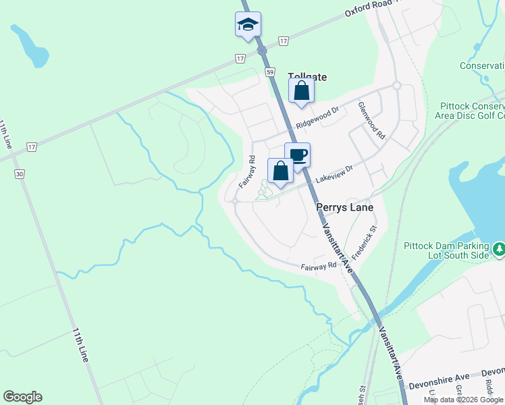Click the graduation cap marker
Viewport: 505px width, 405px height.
pos(248,25)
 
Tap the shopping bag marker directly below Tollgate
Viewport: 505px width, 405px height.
pos(302,91)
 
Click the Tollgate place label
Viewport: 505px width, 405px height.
pos(307,77)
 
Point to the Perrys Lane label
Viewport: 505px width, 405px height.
pos(344,208)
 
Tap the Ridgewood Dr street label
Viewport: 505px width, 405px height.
pos(317,119)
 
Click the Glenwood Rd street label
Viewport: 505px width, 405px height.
pos(371,121)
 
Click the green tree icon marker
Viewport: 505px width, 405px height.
pos(499,250)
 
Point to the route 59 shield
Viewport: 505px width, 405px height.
pos(270,72)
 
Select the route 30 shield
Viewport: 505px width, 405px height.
pos(19,174)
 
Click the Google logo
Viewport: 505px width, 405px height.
pos(22,397)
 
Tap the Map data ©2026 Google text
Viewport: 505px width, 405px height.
pos(464,400)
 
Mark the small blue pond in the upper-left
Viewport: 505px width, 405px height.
pos(30,46)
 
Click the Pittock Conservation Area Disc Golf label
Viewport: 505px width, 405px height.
pos(472,111)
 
